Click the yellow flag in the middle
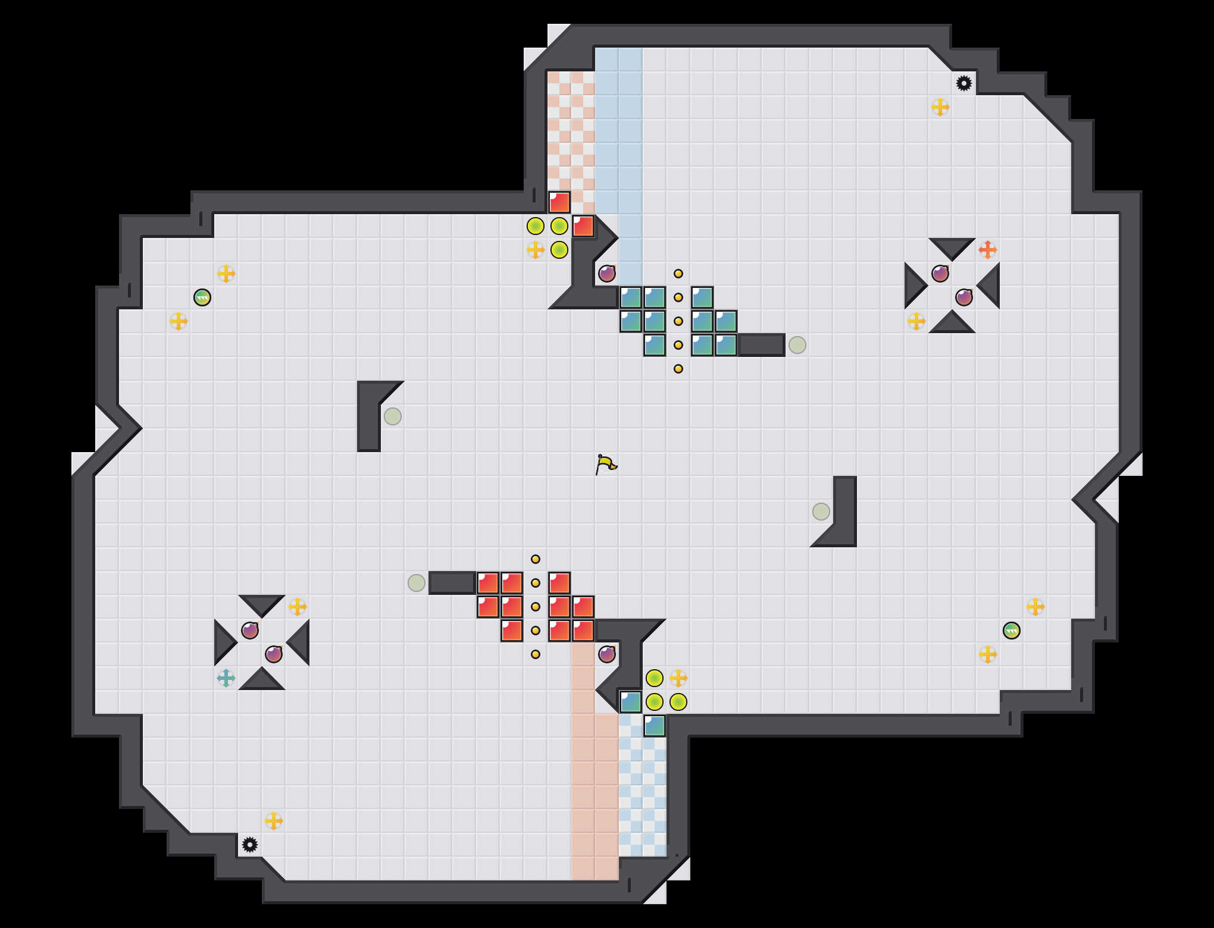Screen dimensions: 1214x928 coord(605,464)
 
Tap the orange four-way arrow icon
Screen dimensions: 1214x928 coord(987,250)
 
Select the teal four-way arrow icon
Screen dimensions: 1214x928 coord(226,678)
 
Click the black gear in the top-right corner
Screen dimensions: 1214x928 coord(964,83)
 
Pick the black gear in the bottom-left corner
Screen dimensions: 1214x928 coord(250,845)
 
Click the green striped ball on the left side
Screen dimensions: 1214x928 coord(202,297)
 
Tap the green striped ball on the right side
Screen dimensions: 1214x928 coord(1012,631)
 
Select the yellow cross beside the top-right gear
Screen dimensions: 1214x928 coord(940,107)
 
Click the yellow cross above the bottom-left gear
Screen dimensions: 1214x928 coord(274,821)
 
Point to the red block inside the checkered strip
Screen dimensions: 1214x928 coord(559,202)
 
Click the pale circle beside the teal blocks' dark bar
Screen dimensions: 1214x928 coord(797,345)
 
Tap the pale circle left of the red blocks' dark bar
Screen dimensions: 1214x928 coord(417,583)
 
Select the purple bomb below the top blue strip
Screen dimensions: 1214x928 coord(607,274)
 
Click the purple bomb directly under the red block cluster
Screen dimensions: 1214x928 coord(607,654)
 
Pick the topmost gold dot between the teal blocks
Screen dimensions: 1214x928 coord(678,274)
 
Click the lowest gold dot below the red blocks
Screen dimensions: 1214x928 coord(536,654)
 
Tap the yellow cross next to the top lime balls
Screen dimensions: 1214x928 coord(536,250)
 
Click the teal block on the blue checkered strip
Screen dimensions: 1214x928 coord(655,726)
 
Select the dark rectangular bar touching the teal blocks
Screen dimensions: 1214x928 coord(762,345)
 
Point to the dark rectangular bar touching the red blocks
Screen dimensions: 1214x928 coord(452,583)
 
